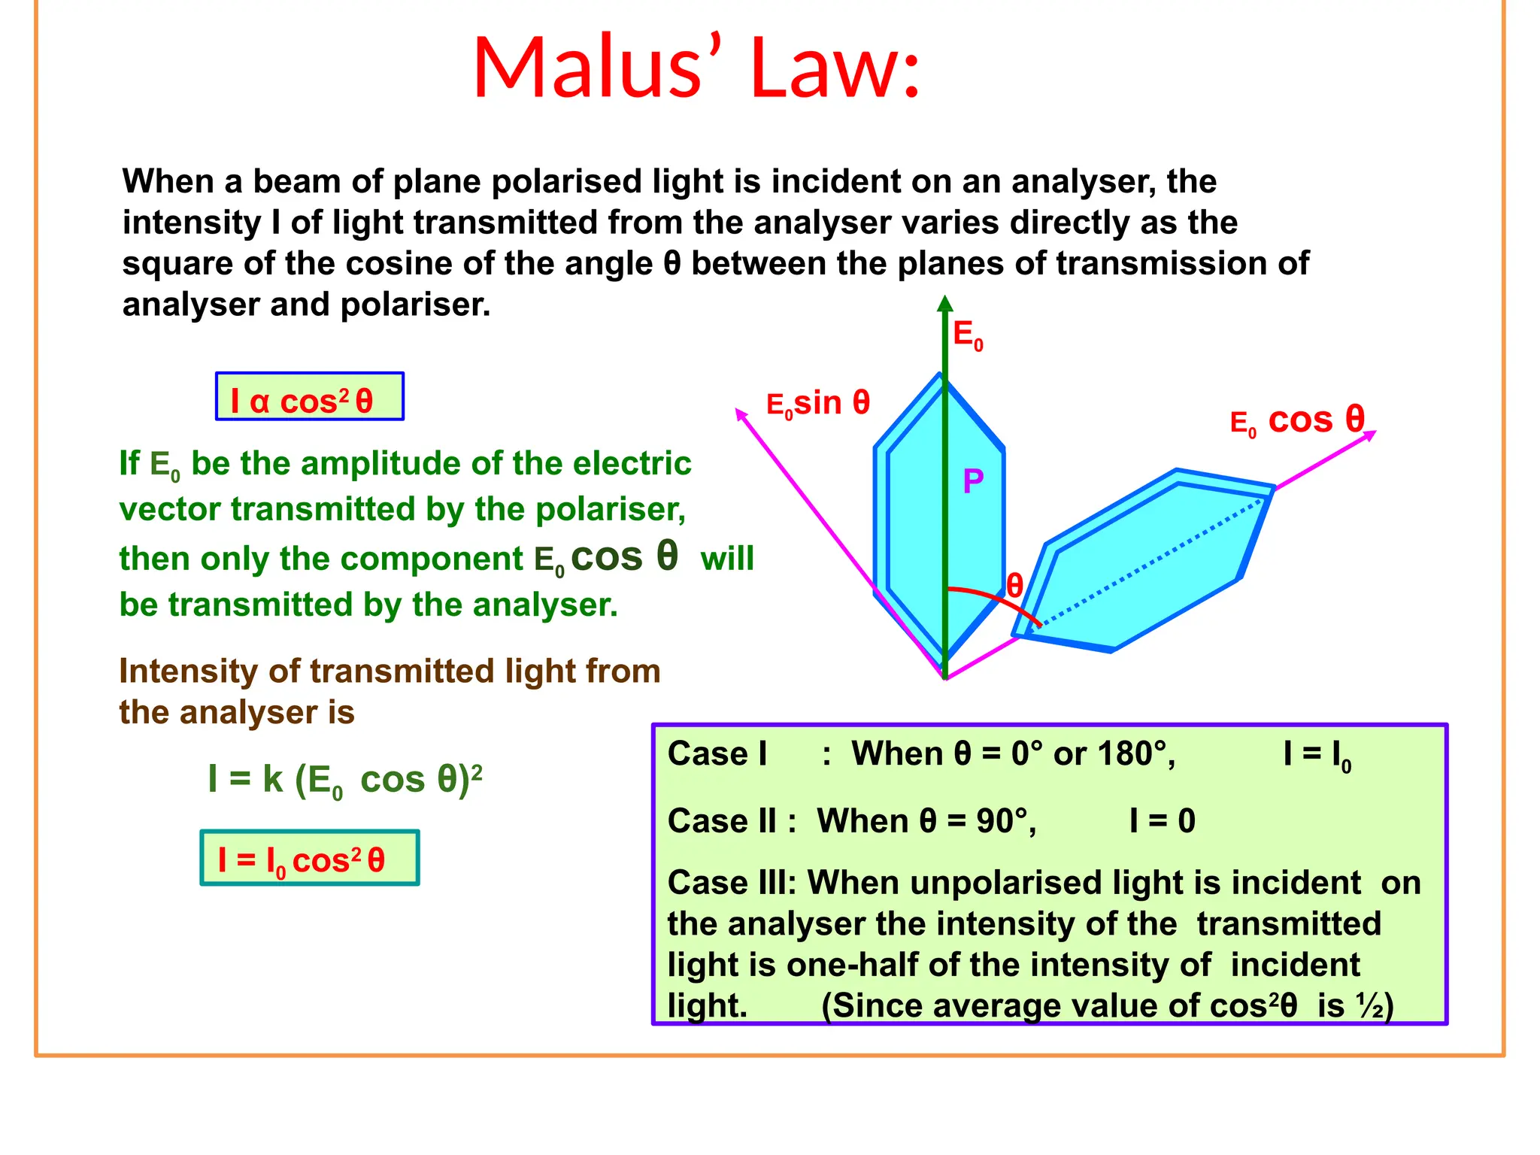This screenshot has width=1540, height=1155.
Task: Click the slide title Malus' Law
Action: click(x=696, y=68)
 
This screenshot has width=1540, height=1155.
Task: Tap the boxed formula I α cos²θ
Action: click(x=309, y=397)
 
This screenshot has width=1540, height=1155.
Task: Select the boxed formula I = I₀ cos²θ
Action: click(x=309, y=859)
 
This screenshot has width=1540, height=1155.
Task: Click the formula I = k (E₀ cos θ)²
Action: click(x=345, y=779)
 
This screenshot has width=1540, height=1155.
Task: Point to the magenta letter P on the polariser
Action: click(x=973, y=481)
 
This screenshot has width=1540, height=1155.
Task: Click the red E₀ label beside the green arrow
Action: click(x=968, y=335)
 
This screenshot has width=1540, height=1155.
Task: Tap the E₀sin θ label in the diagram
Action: click(x=817, y=404)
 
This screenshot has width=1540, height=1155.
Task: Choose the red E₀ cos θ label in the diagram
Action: click(x=1297, y=421)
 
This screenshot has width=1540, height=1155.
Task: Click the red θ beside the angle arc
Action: click(x=1014, y=585)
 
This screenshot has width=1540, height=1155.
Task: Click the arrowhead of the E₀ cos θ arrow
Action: click(x=1371, y=434)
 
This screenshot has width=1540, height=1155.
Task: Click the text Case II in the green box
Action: click(x=722, y=820)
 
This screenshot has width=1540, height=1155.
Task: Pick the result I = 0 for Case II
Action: click(x=1163, y=820)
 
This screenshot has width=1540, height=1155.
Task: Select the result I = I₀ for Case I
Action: click(x=1317, y=754)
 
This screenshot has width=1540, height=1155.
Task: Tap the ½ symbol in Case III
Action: click(x=1370, y=1005)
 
